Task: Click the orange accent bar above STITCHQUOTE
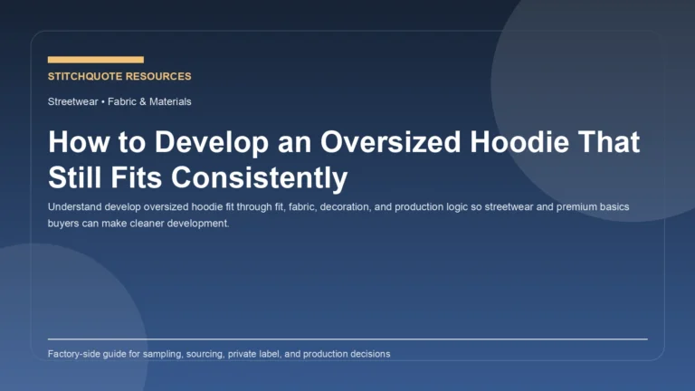point(95,60)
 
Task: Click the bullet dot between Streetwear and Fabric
point(102,102)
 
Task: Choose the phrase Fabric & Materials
point(149,102)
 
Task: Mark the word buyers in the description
point(64,223)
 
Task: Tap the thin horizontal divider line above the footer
point(347,339)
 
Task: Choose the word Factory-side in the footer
point(76,354)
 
